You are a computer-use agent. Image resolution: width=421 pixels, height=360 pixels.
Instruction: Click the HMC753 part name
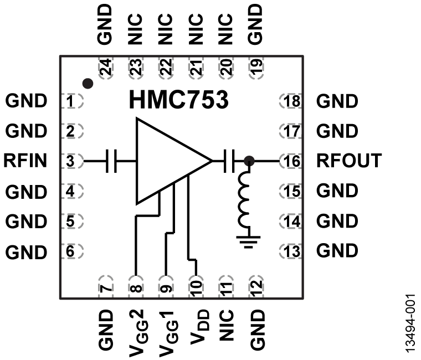(178, 101)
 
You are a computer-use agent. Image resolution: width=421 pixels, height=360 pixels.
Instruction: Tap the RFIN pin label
(25, 161)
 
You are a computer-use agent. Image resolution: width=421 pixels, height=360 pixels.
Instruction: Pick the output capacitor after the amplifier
(230, 161)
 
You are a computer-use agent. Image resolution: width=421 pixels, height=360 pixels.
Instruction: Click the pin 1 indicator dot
(87, 84)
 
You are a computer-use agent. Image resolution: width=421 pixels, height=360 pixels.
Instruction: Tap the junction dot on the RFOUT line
(249, 161)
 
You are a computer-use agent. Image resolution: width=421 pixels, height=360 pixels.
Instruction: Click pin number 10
(195, 286)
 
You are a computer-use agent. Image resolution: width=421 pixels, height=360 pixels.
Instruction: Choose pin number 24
(105, 69)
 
